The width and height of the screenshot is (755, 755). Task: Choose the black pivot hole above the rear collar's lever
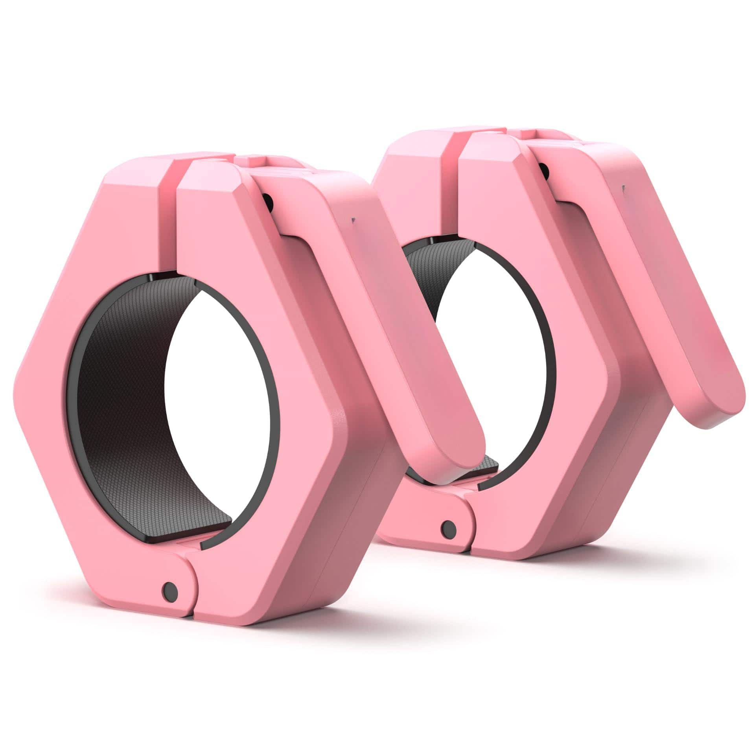(544, 169)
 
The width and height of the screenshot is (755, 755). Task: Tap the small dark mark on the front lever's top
(353, 221)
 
